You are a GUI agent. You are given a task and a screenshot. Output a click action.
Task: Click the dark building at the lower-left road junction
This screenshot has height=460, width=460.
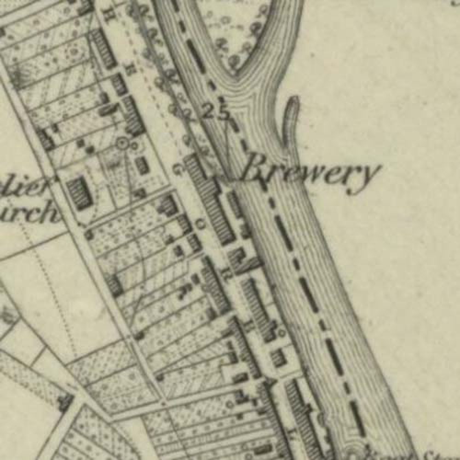[x=64, y=403]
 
